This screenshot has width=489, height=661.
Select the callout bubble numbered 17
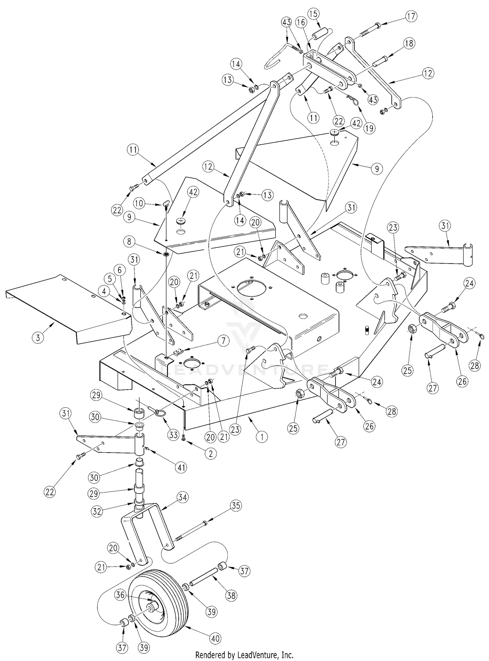click(412, 16)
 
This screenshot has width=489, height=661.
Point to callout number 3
click(38, 338)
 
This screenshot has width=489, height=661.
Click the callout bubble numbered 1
click(261, 436)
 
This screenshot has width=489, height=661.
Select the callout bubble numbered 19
click(369, 128)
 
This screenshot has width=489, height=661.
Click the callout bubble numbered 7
click(223, 341)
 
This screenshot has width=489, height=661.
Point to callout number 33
click(173, 434)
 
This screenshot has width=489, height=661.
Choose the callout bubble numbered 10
click(139, 203)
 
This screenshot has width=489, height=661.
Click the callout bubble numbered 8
click(129, 241)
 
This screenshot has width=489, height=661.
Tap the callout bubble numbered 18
click(409, 43)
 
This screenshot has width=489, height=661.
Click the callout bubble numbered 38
click(231, 596)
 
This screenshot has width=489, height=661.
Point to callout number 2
click(211, 453)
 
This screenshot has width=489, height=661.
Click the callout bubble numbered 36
click(120, 595)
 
